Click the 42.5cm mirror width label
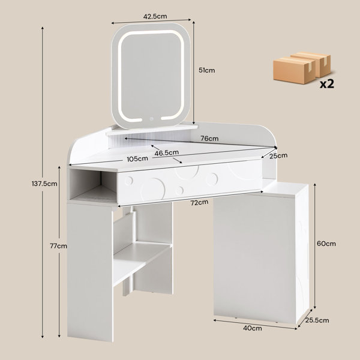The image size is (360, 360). pos(155,17)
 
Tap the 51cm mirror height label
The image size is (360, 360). pos(207,70)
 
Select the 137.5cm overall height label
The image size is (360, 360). pos(44,184)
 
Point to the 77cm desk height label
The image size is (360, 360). pos(59,246)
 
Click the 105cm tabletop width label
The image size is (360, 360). pos(137,158)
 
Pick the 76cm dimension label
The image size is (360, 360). pos(209,139)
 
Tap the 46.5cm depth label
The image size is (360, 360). pos(166,152)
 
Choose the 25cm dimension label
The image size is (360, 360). pos(278,156)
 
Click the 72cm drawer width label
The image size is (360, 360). pos(199,203)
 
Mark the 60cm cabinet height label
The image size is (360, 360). pos(326,244)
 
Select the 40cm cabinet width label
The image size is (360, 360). pos(253,328)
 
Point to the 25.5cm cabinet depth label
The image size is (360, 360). pos(317,320)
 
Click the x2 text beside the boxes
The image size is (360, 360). pos(327,84)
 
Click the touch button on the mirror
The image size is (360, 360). pos(151,119)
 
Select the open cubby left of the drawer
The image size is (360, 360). pos(93,185)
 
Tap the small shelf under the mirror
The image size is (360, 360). pos(152,130)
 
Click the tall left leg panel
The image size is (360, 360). pos(90,272)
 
